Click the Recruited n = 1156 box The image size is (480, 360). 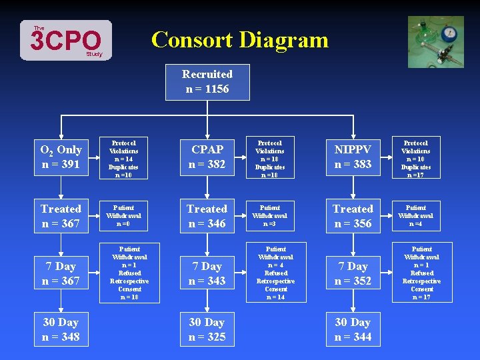tap(207, 82)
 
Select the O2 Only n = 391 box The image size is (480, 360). tap(61, 157)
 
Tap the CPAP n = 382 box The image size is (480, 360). tap(207, 157)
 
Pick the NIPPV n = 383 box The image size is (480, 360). tap(353, 157)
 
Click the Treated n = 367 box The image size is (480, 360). tap(61, 216)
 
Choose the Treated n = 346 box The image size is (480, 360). tap(207, 216)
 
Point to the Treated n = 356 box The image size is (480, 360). tap(353, 216)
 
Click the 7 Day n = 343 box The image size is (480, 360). tap(207, 273)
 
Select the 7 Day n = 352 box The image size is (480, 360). tap(353, 273)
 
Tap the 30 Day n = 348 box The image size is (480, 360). tap(61, 329)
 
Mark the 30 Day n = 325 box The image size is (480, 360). tap(207, 329)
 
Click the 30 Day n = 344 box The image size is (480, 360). tap(353, 329)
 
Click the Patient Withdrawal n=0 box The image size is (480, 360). tap(124, 216)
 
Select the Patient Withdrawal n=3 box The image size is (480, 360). tap(270, 216)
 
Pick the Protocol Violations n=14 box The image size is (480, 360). tap(124, 159)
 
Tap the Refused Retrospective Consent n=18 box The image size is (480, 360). tap(130, 273)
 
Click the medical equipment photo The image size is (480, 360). tap(435, 42)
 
